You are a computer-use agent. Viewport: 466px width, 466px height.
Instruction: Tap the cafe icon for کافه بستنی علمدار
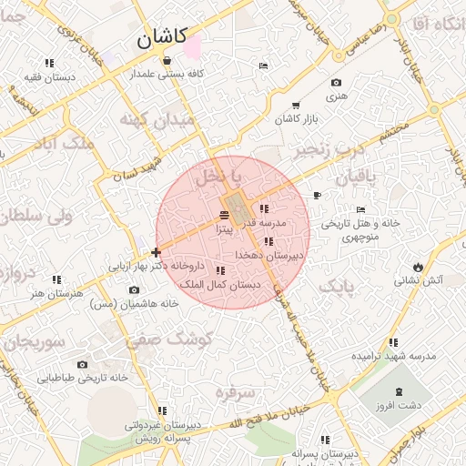pyautogui.click(x=167, y=61)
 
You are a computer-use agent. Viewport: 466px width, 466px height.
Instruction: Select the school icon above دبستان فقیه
pyautogui.click(x=48, y=64)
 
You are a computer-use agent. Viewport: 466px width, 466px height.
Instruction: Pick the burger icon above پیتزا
pyautogui.click(x=225, y=215)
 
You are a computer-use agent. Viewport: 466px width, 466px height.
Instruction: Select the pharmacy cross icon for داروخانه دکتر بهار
pyautogui.click(x=157, y=252)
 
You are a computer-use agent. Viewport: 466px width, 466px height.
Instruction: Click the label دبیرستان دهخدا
pyautogui.click(x=269, y=257)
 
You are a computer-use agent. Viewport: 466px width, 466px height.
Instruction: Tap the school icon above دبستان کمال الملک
pyautogui.click(x=220, y=270)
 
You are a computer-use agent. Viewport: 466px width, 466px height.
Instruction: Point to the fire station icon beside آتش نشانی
pyautogui.click(x=418, y=267)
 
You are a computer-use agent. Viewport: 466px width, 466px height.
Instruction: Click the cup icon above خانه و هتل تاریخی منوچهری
pyautogui.click(x=317, y=196)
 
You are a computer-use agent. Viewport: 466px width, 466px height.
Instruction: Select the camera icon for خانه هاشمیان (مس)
pyautogui.click(x=134, y=289)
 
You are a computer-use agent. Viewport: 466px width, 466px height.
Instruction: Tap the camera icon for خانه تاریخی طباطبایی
pyautogui.click(x=82, y=365)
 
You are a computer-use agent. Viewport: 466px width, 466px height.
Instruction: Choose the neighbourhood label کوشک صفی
pyautogui.click(x=151, y=341)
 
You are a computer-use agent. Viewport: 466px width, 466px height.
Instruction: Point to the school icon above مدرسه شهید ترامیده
pyautogui.click(x=393, y=343)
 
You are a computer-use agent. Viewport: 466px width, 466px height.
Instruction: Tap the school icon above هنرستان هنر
pyautogui.click(x=56, y=279)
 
